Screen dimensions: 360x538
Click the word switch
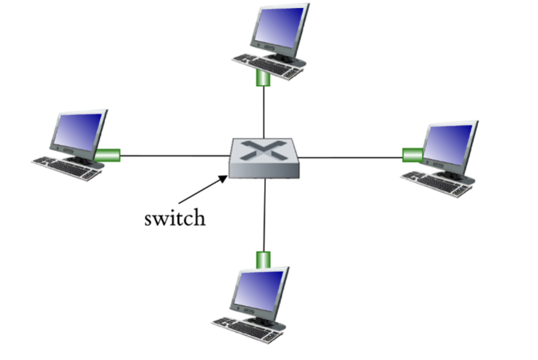[175, 218]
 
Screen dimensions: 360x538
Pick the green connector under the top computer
[264, 79]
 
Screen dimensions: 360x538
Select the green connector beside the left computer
[107, 155]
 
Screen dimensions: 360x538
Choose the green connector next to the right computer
[412, 155]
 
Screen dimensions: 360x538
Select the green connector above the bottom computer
[264, 257]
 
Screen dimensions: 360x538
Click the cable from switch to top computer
[264, 112]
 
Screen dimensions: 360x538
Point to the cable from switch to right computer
[352, 157]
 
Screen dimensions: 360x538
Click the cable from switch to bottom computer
[264, 214]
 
